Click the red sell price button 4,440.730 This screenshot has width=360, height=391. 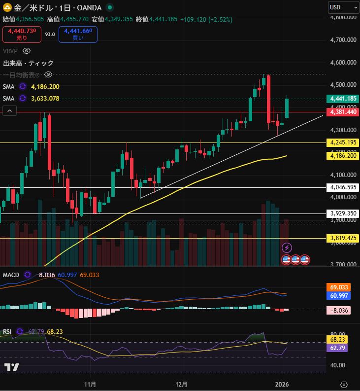22,34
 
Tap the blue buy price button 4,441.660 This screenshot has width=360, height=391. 78,34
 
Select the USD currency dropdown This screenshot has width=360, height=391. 343,7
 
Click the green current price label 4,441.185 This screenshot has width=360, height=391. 343,99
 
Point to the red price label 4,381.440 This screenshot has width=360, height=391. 343,112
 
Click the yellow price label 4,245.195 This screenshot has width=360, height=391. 343,142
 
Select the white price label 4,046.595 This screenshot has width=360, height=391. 343,187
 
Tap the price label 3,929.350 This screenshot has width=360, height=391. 343,213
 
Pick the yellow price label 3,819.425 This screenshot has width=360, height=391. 343,238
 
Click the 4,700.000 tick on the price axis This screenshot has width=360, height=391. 343,40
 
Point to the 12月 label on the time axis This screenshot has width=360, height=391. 181,384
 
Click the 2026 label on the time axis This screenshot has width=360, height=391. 282,384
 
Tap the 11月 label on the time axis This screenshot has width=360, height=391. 90,384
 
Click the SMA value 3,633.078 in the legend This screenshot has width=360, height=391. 45,98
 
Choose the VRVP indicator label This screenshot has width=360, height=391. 10,51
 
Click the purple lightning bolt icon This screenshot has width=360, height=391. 287,248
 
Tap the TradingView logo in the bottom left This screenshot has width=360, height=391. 12,367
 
